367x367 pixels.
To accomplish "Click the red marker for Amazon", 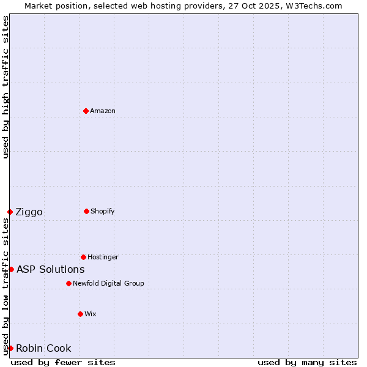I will [86, 111].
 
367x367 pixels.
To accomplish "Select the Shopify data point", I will [86, 211].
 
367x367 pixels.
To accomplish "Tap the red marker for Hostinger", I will [83, 257].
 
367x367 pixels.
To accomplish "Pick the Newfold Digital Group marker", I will [69, 283].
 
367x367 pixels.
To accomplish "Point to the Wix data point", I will [80, 314].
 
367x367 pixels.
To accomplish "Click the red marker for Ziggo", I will [10, 212].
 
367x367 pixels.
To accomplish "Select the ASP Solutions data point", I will [11, 269].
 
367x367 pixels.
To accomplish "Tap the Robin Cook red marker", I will [10, 348].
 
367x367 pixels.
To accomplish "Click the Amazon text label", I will [103, 111].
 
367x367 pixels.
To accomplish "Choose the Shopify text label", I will [103, 211].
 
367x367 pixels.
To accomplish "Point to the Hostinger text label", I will [103, 257].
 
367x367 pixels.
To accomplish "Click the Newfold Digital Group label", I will [108, 283].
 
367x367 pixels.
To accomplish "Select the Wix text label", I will [91, 314].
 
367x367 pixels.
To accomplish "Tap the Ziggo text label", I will [29, 212].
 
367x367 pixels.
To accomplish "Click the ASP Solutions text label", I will [51, 270].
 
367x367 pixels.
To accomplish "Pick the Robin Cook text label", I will [43, 349].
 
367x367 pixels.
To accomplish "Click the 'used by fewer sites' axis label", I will [63, 362].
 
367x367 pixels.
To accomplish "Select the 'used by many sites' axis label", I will [307, 362].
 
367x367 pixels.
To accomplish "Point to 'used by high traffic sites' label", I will [6, 87].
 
